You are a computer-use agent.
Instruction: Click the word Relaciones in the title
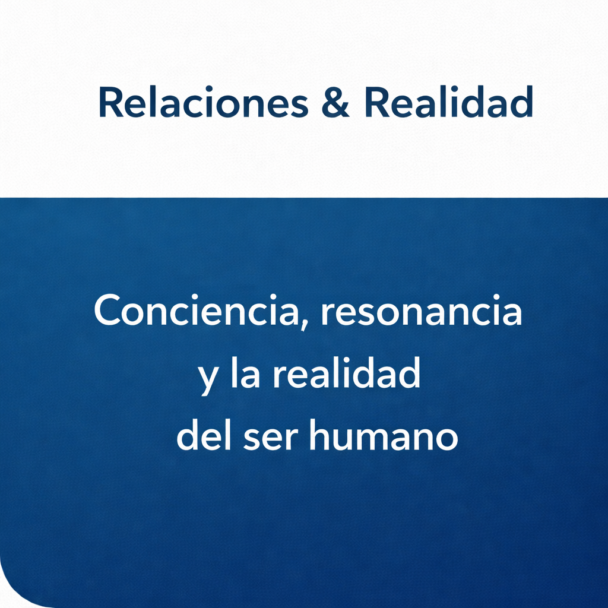(x=204, y=102)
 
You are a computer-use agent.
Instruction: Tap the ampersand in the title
(x=335, y=102)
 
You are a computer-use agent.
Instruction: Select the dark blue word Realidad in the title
(x=449, y=102)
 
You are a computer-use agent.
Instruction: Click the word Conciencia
(x=197, y=310)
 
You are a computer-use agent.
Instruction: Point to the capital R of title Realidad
(x=376, y=102)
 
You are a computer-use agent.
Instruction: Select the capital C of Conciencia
(x=107, y=310)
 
